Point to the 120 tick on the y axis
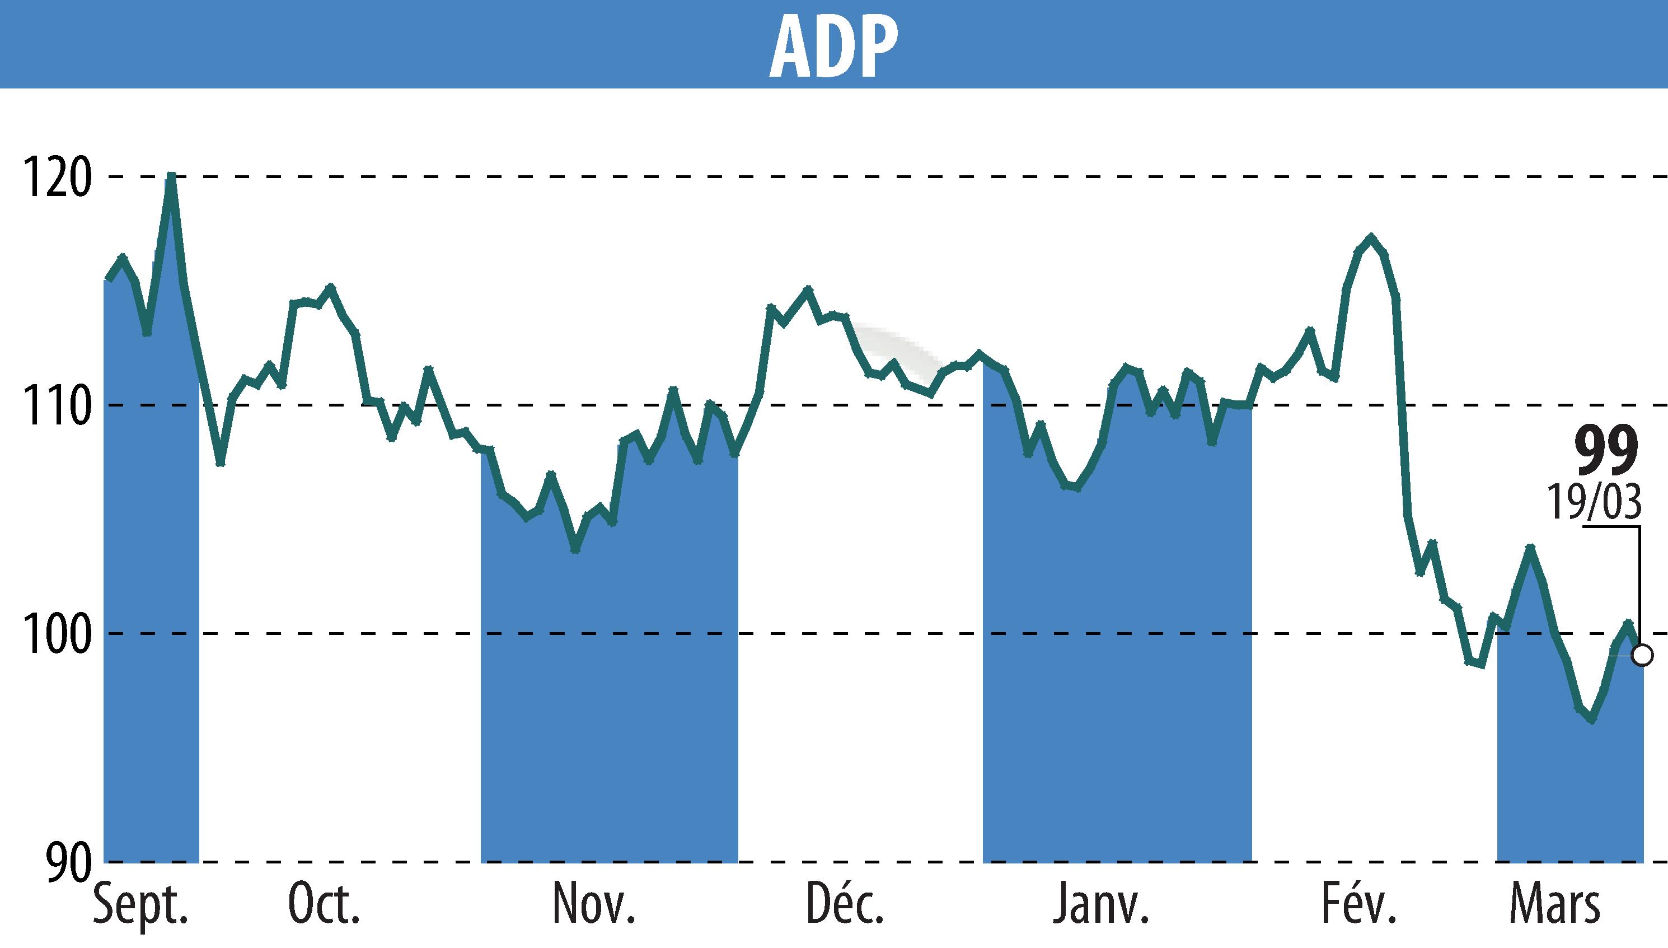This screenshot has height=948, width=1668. [x=57, y=178]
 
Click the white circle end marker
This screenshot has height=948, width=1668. [x=1643, y=656]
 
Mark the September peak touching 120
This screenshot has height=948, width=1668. [x=171, y=176]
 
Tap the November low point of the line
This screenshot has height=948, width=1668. [x=575, y=549]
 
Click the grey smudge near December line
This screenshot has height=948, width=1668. [x=895, y=352]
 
